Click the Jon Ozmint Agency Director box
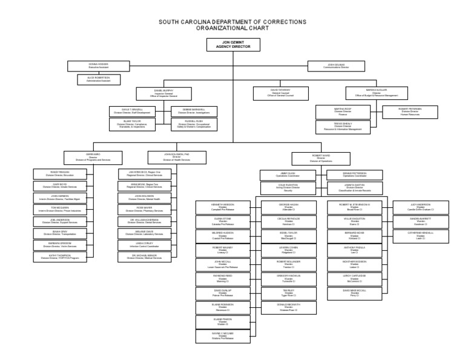click(232, 44)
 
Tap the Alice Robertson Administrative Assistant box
click(98, 79)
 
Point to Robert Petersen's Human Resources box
click(410, 111)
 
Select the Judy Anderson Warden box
click(420, 207)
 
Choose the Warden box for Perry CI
click(354, 293)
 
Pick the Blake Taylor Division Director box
click(128, 124)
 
